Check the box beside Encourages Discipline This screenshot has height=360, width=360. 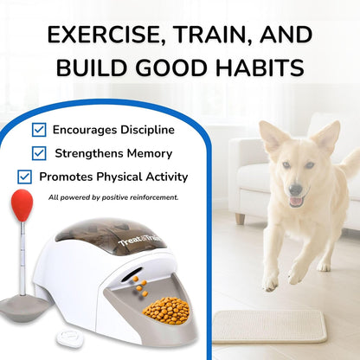[x=39, y=130]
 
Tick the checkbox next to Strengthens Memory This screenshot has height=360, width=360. [x=39, y=153]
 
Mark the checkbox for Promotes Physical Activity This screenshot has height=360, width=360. [x=25, y=177]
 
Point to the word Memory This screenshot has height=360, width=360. [x=147, y=153]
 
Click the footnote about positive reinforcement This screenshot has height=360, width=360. [x=113, y=197]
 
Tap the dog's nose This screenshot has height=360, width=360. [x=297, y=190]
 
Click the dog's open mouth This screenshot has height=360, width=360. [x=296, y=201]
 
